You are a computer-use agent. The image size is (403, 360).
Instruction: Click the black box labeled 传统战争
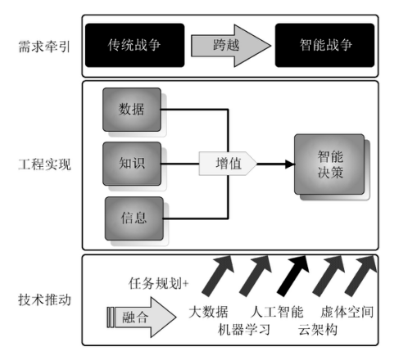click(135, 45)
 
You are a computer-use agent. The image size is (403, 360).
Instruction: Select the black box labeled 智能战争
click(324, 45)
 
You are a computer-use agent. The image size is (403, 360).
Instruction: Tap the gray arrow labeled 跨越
click(231, 46)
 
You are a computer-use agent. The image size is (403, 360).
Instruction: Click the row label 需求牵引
click(44, 46)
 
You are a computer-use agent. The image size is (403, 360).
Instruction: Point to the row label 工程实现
click(44, 164)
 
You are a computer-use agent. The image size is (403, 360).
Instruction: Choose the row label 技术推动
click(44, 299)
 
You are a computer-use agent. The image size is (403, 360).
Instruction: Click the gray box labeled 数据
click(132, 110)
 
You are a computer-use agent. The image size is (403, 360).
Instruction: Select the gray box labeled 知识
click(132, 164)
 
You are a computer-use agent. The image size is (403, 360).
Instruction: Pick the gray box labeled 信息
click(134, 218)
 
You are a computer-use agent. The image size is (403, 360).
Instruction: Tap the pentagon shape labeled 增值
click(228, 164)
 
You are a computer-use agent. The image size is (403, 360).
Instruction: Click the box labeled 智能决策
click(329, 164)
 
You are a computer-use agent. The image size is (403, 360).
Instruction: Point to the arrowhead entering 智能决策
click(290, 164)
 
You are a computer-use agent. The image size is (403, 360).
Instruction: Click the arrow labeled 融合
click(142, 317)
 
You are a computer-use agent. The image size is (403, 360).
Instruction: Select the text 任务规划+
click(158, 283)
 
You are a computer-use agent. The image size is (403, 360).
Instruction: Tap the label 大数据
click(208, 312)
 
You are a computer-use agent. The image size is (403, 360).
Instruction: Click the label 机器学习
click(244, 330)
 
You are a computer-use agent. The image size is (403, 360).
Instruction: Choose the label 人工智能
click(277, 312)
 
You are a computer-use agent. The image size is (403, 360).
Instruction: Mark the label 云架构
click(318, 330)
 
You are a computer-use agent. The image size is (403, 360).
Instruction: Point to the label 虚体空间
click(346, 312)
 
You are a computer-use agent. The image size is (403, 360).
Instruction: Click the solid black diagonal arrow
click(293, 276)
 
